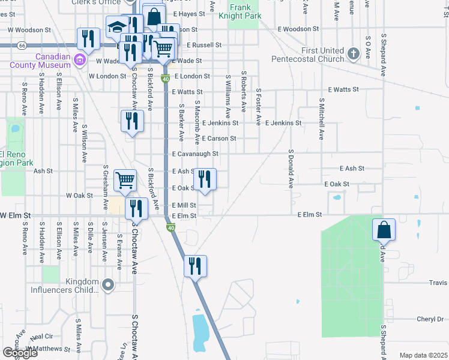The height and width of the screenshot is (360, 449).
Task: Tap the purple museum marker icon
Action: pyautogui.click(x=79, y=60)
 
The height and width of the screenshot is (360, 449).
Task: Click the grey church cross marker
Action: pyautogui.click(x=353, y=54)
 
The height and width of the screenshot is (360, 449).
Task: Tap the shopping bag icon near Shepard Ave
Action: pyautogui.click(x=384, y=230)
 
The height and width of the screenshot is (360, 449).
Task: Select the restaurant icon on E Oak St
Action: pyautogui.click(x=205, y=179)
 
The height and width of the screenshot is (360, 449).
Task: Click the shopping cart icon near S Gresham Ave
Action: pyautogui.click(x=125, y=179)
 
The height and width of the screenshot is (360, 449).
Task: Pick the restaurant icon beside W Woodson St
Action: pyautogui.click(x=89, y=39)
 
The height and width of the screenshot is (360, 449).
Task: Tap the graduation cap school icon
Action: pyautogui.click(x=116, y=26)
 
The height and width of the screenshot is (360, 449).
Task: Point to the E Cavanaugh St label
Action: pyautogui.click(x=194, y=154)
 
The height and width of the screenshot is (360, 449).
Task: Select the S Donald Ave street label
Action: pyautogui.click(x=291, y=169)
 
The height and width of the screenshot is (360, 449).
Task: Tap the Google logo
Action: pyautogui.click(x=20, y=353)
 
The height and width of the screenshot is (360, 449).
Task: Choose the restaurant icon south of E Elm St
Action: pyautogui.click(x=194, y=266)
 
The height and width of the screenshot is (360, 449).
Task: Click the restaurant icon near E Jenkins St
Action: pyautogui.click(x=132, y=121)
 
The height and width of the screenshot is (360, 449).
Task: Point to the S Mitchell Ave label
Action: pyautogui.click(x=321, y=119)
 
